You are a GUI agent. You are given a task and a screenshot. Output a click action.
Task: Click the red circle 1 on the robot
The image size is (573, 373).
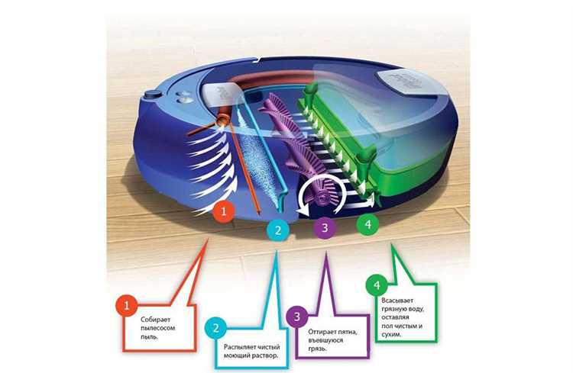point(224,211)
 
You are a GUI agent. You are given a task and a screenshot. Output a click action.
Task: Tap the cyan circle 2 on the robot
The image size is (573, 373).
point(278,230)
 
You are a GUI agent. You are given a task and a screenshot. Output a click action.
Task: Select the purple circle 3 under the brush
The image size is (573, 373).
point(325,228)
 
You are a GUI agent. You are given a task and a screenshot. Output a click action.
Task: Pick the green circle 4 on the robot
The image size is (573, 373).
point(367,223)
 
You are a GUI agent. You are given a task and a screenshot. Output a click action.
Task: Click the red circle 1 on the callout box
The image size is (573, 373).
point(126,305)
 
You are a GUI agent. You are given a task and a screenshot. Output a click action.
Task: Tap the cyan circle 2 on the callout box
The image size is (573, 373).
point(215,328)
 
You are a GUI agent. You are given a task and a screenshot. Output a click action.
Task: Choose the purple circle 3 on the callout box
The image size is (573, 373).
point(296,317)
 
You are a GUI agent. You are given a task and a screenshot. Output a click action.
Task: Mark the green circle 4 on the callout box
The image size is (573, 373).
point(377,285)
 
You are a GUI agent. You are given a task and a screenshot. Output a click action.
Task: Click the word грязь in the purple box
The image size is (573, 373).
point(317,349)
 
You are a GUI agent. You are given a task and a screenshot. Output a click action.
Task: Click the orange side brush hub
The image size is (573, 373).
point(222,118)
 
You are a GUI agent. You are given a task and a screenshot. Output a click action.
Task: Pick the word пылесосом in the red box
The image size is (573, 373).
point(158,328)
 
